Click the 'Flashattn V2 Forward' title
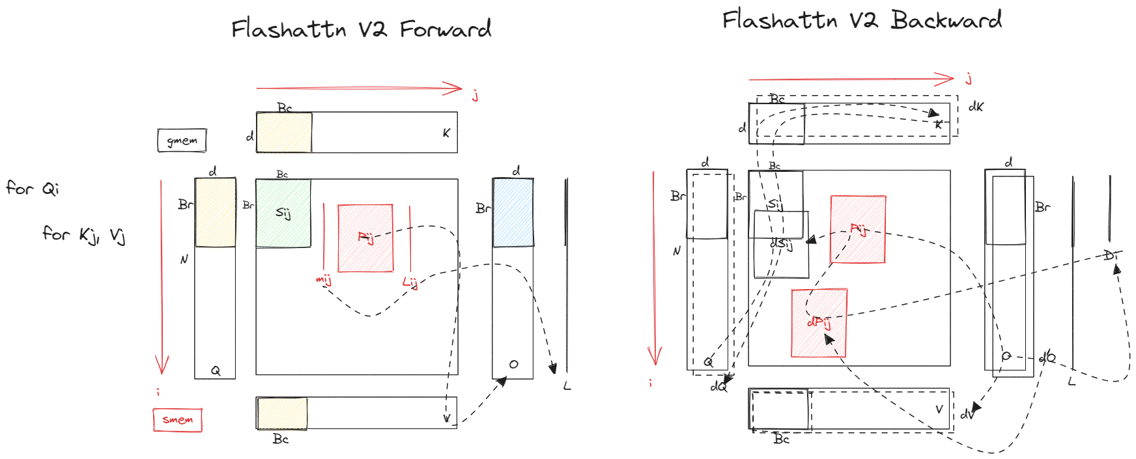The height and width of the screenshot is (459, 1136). [x=361, y=29]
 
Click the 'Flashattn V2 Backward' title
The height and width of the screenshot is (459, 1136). [x=861, y=20]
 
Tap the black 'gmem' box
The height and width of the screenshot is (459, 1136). [x=182, y=140]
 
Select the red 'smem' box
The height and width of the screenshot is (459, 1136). [x=177, y=420]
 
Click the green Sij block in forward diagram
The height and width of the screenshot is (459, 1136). [x=283, y=214]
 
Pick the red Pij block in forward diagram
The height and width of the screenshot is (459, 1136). [x=365, y=238]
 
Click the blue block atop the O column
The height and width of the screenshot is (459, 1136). [x=513, y=213]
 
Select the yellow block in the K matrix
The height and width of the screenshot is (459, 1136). [x=284, y=133]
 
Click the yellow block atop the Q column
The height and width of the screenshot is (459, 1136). [x=215, y=213]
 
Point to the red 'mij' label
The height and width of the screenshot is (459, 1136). [x=323, y=280]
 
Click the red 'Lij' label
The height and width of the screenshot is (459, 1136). [x=409, y=282]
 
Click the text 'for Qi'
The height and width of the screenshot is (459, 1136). [x=33, y=189]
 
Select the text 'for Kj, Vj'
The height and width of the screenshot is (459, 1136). [x=84, y=234]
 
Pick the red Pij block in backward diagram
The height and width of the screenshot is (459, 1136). [x=858, y=229]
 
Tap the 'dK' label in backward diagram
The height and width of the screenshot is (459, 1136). [x=976, y=107]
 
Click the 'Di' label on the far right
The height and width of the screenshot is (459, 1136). [x=1110, y=255]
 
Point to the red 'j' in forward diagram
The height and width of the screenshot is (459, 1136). [x=476, y=96]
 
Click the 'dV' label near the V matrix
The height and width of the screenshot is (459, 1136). [x=967, y=414]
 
